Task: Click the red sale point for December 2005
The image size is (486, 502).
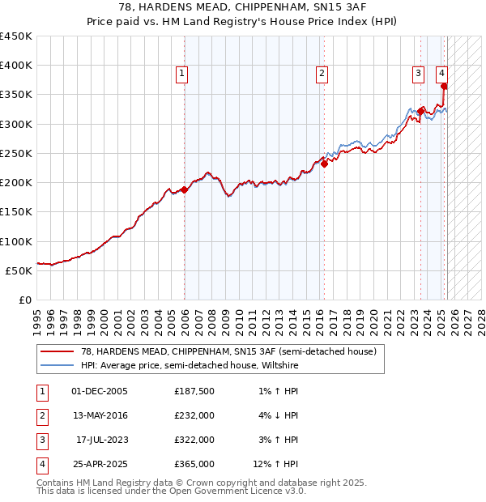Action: pyautogui.click(x=184, y=190)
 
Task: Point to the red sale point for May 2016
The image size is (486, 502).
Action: pyautogui.click(x=324, y=164)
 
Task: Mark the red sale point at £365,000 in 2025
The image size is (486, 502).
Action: pyautogui.click(x=445, y=86)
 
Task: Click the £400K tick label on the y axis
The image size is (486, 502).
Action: pyautogui.click(x=16, y=66)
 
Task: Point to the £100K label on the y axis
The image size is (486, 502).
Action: pyautogui.click(x=16, y=241)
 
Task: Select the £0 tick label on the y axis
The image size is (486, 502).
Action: pyautogui.click(x=26, y=300)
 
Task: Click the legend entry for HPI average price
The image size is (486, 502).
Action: pyautogui.click(x=190, y=366)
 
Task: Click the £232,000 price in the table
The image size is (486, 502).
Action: pyautogui.click(x=194, y=415)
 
